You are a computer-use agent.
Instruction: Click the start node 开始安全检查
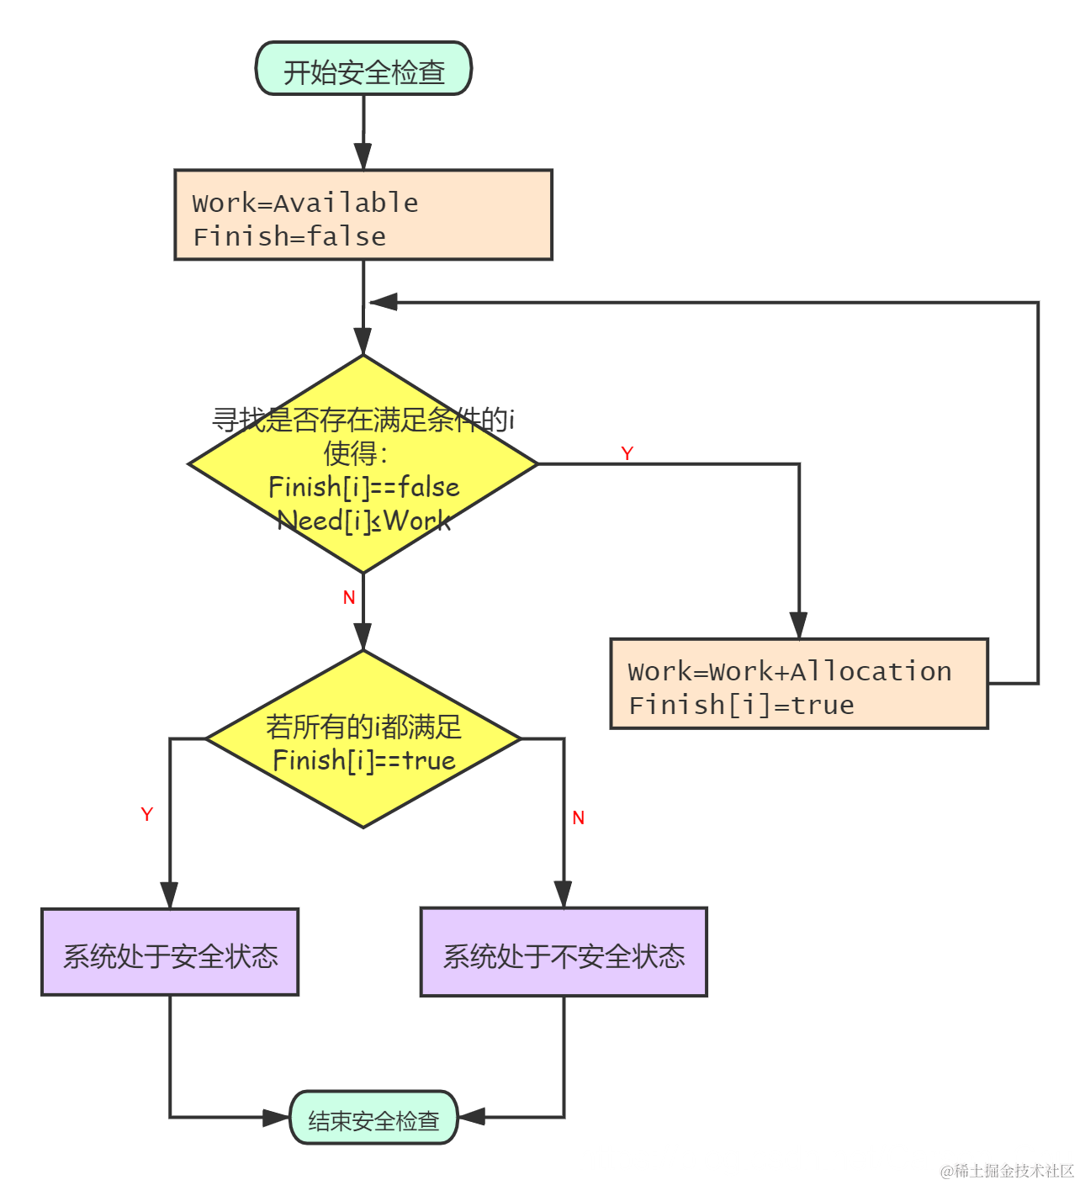point(363,71)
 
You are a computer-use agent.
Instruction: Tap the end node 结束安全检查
point(373,1119)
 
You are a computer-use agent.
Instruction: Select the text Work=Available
point(305,203)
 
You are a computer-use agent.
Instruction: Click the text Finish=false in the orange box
point(289,236)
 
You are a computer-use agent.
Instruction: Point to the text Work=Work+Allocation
point(789,671)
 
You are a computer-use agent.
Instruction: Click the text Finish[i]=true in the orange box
point(741,705)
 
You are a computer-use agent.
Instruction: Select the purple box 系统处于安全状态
point(170,954)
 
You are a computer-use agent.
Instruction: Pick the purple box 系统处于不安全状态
point(564,954)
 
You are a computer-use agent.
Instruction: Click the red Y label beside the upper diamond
point(627,453)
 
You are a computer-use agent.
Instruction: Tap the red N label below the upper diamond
point(349,597)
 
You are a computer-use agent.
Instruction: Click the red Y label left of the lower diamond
point(147,814)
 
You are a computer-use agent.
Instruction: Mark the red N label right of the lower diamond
point(579,817)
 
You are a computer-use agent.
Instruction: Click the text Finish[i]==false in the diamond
point(363,487)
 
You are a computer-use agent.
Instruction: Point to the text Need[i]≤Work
point(363,521)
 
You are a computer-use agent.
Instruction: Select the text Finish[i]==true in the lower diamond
point(363,760)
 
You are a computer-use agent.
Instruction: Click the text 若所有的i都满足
point(363,727)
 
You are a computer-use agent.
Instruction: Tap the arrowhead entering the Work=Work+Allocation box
point(798,626)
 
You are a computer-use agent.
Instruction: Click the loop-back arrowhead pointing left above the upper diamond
point(384,302)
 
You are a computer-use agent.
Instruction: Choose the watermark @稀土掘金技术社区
point(1007,1171)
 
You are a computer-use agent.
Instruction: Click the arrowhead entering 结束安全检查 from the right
point(471,1117)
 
